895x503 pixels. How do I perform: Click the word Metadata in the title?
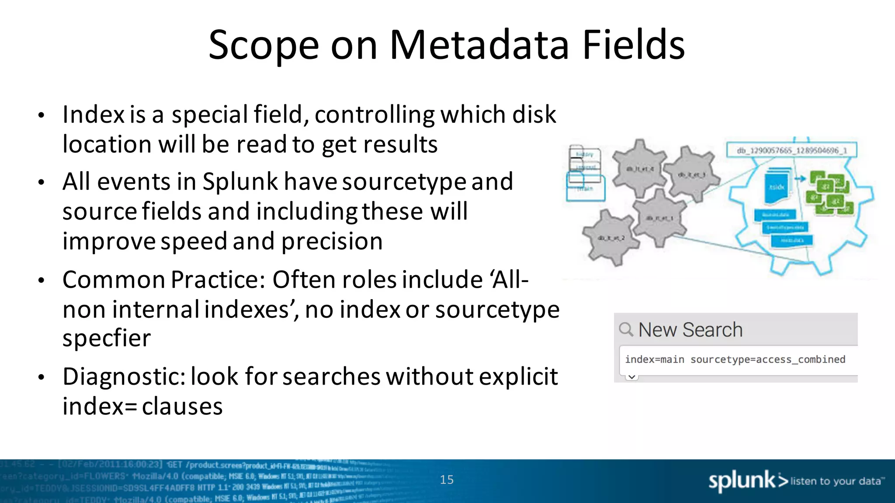pos(479,45)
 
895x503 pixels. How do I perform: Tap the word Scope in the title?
pos(264,45)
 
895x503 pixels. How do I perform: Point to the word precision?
pos(332,241)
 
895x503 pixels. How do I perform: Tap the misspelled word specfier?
pos(107,338)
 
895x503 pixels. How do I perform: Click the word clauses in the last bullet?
pos(182,407)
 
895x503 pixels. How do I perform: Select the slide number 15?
pos(447,480)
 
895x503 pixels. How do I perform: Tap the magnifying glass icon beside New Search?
pos(626,329)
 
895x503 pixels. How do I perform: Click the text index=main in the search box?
pos(654,359)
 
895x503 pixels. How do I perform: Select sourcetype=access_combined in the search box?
pos(768,359)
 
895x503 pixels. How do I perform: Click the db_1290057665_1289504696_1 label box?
pos(791,151)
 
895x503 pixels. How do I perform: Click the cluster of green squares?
pos(829,192)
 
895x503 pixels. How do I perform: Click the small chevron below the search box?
pos(632,377)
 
